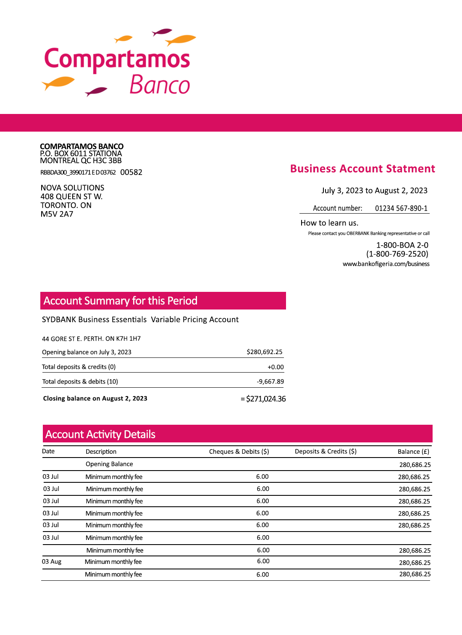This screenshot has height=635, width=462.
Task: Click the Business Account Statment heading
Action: pyautogui.click(x=362, y=169)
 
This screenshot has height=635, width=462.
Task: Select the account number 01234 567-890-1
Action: pyautogui.click(x=401, y=208)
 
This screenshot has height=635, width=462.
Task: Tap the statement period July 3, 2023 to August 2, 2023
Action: pyautogui.click(x=374, y=190)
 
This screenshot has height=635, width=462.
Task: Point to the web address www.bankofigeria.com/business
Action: pyautogui.click(x=386, y=264)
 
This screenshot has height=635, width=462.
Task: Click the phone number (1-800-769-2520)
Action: pyautogui.click(x=397, y=254)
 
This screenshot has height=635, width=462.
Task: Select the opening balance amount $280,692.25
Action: pyautogui.click(x=265, y=352)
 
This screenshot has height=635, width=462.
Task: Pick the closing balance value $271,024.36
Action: pyautogui.click(x=266, y=399)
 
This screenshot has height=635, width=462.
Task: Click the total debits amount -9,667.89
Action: pyautogui.click(x=270, y=381)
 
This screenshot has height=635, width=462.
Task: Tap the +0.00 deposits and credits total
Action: pyautogui.click(x=276, y=367)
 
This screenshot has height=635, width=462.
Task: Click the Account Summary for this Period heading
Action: pyautogui.click(x=121, y=301)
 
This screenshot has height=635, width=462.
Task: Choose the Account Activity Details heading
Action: pyautogui.click(x=100, y=434)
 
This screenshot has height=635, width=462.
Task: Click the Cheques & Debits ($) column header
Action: pyautogui.click(x=239, y=452)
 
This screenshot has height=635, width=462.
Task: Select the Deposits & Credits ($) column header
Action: pyautogui.click(x=325, y=451)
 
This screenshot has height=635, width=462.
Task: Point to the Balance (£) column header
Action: pyautogui.click(x=413, y=452)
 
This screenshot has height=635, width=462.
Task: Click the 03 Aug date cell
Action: pyautogui.click(x=52, y=562)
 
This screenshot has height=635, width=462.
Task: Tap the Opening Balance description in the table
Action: pyautogui.click(x=109, y=464)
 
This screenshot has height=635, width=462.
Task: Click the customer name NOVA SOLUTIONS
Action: pyautogui.click(x=72, y=188)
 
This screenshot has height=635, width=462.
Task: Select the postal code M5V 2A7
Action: pyautogui.click(x=57, y=214)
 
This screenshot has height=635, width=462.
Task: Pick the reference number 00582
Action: pyautogui.click(x=131, y=172)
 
